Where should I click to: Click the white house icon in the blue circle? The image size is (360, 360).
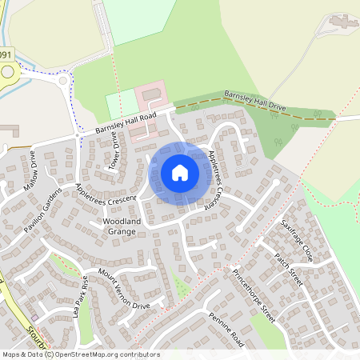(x=180, y=172)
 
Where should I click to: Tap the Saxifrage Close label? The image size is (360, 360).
(x=296, y=238)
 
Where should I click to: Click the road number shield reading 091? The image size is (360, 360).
(x=6, y=54)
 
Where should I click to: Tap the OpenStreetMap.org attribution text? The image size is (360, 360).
(x=80, y=354)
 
